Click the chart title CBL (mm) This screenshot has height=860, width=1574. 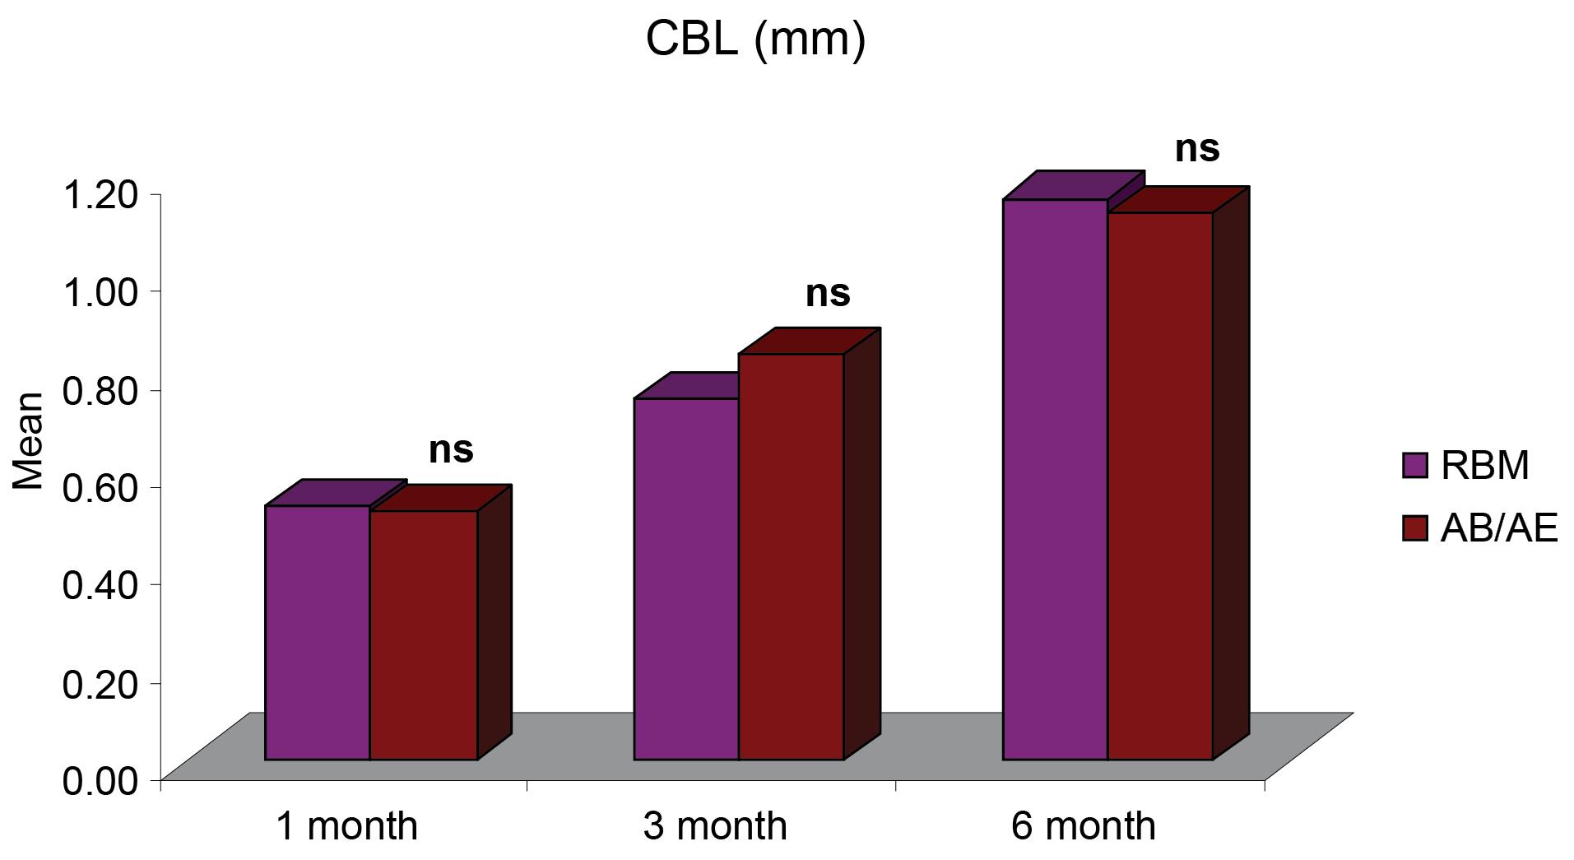(x=755, y=39)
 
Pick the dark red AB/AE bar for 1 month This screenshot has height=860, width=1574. (x=423, y=635)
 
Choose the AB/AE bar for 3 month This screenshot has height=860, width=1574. (x=791, y=556)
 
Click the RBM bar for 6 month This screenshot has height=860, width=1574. (x=1055, y=479)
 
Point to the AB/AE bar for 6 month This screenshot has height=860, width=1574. (x=1160, y=486)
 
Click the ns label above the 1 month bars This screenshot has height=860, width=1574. (x=451, y=450)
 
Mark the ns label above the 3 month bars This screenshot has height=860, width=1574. (x=827, y=294)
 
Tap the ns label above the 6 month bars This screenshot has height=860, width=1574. (x=1196, y=149)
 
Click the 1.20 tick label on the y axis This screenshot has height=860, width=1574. (x=100, y=194)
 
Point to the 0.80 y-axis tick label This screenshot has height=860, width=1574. (x=100, y=389)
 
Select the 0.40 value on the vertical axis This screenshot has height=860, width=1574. (x=100, y=584)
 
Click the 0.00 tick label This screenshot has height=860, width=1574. (x=100, y=779)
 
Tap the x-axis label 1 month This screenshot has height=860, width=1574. (x=346, y=825)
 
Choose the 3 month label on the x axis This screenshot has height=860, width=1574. (x=714, y=825)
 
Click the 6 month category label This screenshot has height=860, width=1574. (x=1083, y=825)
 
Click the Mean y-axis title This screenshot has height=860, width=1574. (x=29, y=441)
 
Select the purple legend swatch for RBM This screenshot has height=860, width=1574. (x=1414, y=465)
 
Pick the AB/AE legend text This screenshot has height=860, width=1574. (x=1499, y=528)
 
